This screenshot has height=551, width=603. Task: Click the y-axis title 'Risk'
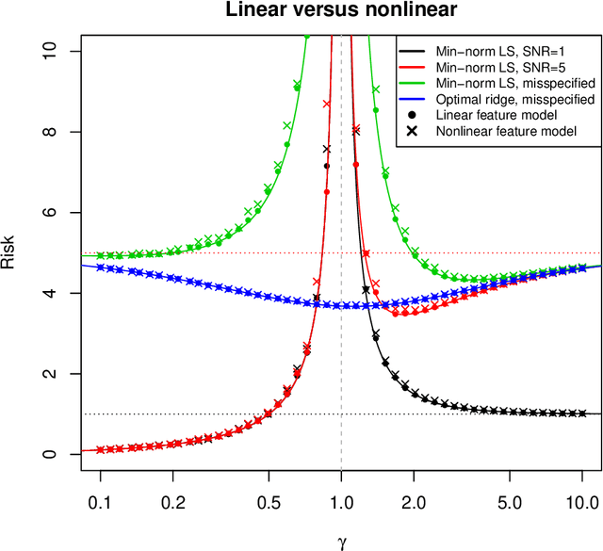coord(8,252)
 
